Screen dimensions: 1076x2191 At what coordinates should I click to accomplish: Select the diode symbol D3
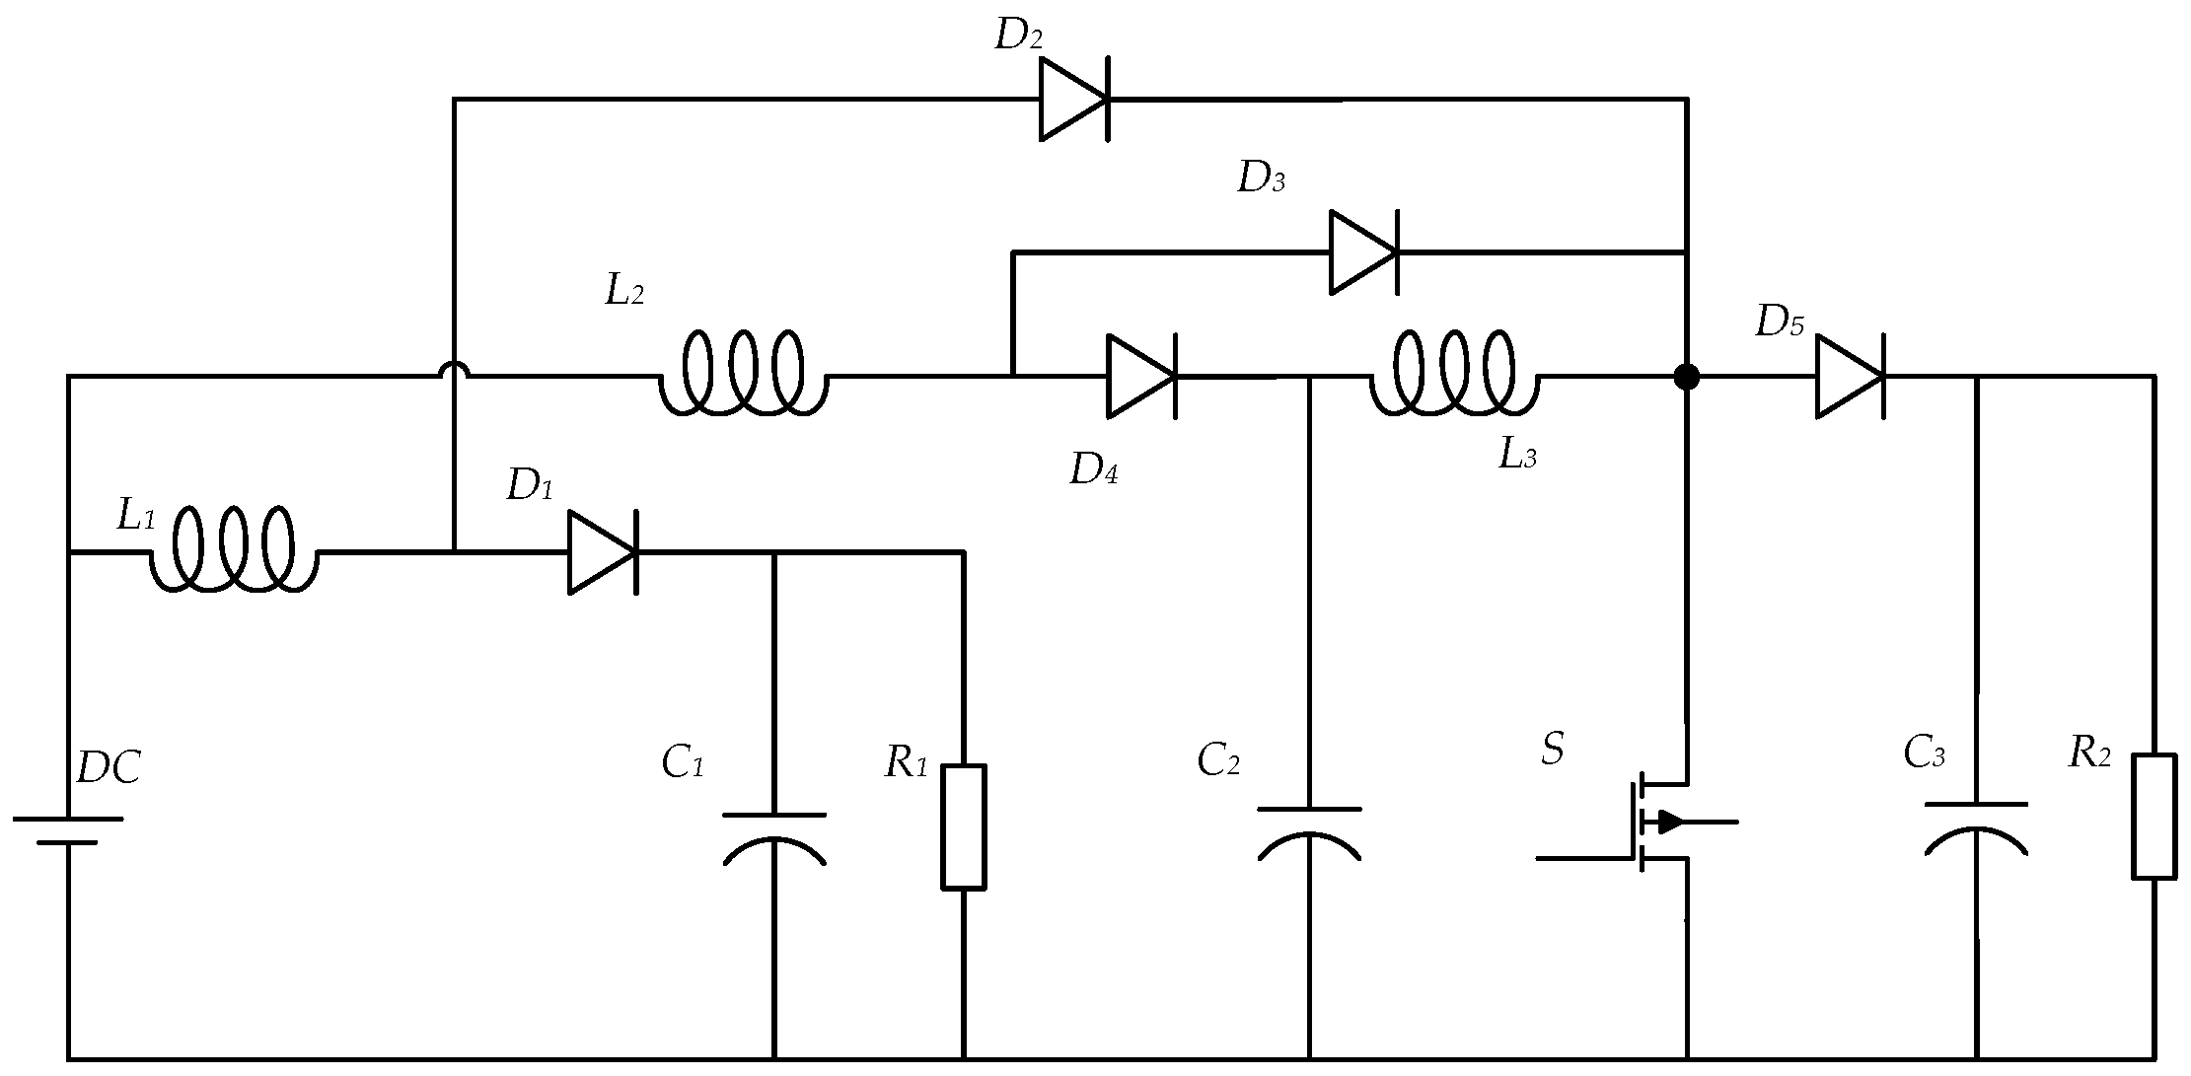tap(1363, 252)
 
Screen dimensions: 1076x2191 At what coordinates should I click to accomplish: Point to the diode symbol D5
tap(1850, 376)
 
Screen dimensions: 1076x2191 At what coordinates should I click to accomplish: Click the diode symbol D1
tap(602, 552)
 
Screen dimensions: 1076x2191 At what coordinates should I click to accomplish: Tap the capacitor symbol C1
tap(774, 838)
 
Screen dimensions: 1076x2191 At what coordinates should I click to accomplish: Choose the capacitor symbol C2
tap(1309, 833)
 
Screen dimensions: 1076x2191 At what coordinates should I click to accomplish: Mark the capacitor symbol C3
tap(1976, 828)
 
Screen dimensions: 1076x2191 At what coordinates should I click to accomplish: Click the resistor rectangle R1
tap(963, 826)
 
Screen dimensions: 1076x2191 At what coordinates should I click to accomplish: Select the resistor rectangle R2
tap(2154, 817)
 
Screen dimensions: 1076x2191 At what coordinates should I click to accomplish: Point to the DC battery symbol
tap(68, 830)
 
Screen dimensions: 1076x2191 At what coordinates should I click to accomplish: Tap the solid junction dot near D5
tap(1687, 376)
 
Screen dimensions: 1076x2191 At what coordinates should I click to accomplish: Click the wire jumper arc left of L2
tap(454, 371)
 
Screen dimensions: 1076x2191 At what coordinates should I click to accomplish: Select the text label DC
tap(109, 767)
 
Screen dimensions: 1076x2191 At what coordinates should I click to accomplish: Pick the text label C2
tap(1218, 760)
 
